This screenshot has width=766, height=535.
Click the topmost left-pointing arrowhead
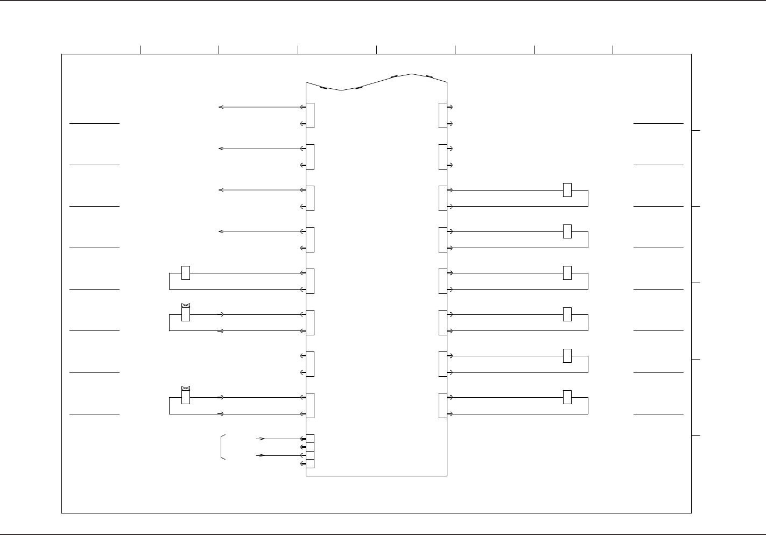point(220,107)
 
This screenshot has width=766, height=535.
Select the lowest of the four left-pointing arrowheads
point(220,231)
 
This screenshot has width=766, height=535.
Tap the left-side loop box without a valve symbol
point(186,273)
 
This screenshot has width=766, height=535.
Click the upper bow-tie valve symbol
point(186,305)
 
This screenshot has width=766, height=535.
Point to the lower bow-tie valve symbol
point(186,388)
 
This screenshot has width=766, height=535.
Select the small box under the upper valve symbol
point(186,314)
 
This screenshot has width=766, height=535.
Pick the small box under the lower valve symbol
point(186,397)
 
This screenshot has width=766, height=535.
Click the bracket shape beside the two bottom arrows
point(222,447)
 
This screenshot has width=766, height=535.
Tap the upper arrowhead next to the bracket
point(262,439)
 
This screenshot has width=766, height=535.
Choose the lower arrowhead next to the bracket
point(262,455)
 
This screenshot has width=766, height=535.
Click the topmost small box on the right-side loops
point(567,190)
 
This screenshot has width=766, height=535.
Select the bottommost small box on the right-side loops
point(567,397)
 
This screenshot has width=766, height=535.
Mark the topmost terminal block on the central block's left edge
point(310,115)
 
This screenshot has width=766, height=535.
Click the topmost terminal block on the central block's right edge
point(442,115)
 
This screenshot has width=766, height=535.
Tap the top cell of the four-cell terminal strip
point(310,439)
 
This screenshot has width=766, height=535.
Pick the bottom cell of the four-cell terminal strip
point(310,463)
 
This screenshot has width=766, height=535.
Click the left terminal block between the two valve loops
point(310,364)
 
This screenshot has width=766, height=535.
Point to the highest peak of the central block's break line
point(412,74)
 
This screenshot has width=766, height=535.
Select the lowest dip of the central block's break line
point(341,90)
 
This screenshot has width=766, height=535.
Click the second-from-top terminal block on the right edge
point(442,157)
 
